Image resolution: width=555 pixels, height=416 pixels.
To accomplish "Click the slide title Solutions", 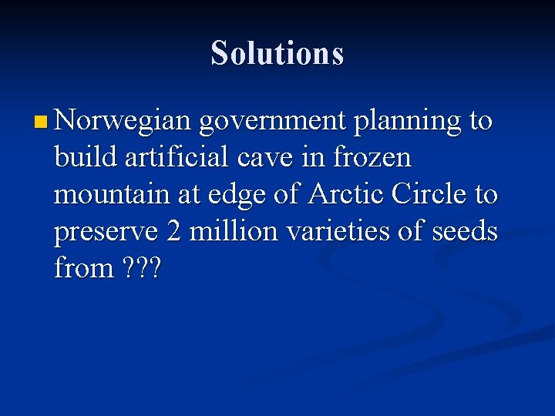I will (x=277, y=53).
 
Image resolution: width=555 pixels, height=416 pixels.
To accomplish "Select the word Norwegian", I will (x=123, y=122).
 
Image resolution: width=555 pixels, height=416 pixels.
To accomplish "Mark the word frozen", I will (x=372, y=158).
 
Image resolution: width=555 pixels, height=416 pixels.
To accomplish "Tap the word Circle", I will (x=429, y=194).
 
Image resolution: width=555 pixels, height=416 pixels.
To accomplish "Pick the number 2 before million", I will (x=173, y=231).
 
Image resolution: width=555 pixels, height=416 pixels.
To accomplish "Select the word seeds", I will (x=464, y=231).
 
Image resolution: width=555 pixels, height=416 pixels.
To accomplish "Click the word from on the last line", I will (x=83, y=268).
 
